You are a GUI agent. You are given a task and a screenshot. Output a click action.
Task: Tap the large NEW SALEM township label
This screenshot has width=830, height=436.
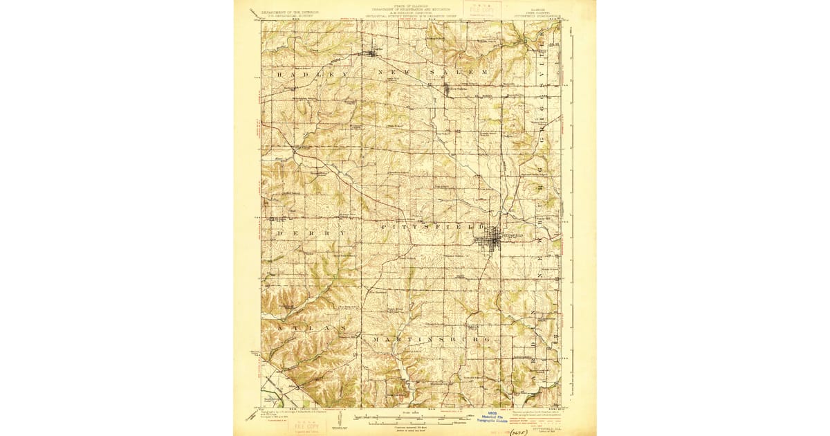pyautogui.click(x=433, y=73)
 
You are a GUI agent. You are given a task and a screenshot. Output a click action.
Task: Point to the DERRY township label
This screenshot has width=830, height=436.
pyautogui.click(x=311, y=234)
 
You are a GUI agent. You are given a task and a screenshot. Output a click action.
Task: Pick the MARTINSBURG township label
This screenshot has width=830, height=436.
pyautogui.click(x=432, y=340)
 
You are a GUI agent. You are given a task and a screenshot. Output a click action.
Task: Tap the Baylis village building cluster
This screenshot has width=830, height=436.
pyautogui.click(x=373, y=52)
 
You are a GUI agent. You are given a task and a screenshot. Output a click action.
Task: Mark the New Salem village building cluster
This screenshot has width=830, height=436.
pyautogui.click(x=446, y=89)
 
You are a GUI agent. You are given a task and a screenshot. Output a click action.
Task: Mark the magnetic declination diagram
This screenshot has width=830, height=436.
pyautogui.click(x=342, y=417)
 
